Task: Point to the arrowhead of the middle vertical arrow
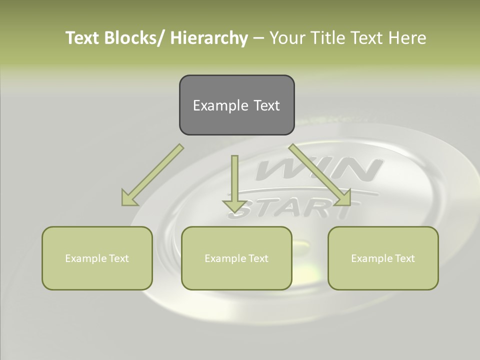(x=234, y=205)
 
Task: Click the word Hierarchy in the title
(x=209, y=38)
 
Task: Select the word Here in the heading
(x=408, y=38)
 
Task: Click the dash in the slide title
(x=258, y=38)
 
